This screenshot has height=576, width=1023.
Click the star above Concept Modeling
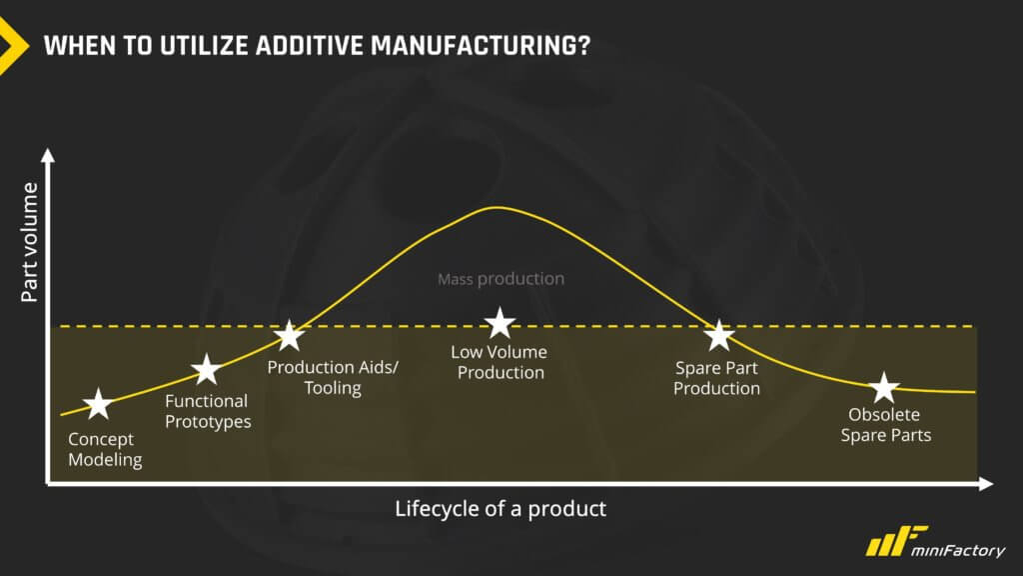pos(98,404)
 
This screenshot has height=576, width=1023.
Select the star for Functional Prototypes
pos(207,370)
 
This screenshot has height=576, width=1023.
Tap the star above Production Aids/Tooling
pos(289,336)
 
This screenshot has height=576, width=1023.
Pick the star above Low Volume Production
pos(500,323)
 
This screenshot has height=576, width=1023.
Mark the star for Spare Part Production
pos(719,336)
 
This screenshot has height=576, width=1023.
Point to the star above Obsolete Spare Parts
pos(884,388)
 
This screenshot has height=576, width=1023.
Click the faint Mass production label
pos(502,279)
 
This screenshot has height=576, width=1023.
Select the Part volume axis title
pos(29,242)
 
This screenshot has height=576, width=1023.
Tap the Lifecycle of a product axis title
pos(501,509)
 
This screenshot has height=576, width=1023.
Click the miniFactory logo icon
pos(897,541)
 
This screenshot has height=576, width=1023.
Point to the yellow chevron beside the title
pos(13,46)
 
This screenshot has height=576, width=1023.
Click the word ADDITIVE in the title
pos(310,46)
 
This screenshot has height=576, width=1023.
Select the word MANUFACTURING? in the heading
pos(481,46)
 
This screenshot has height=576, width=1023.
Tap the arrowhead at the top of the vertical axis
pos(48,155)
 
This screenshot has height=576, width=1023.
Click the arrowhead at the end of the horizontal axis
pos(986,484)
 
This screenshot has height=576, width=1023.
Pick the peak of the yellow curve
pos(498,208)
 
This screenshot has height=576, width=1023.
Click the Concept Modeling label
pos(105,449)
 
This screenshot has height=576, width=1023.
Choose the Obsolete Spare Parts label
pos(885,425)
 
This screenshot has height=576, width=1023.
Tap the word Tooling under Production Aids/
pos(333,389)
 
